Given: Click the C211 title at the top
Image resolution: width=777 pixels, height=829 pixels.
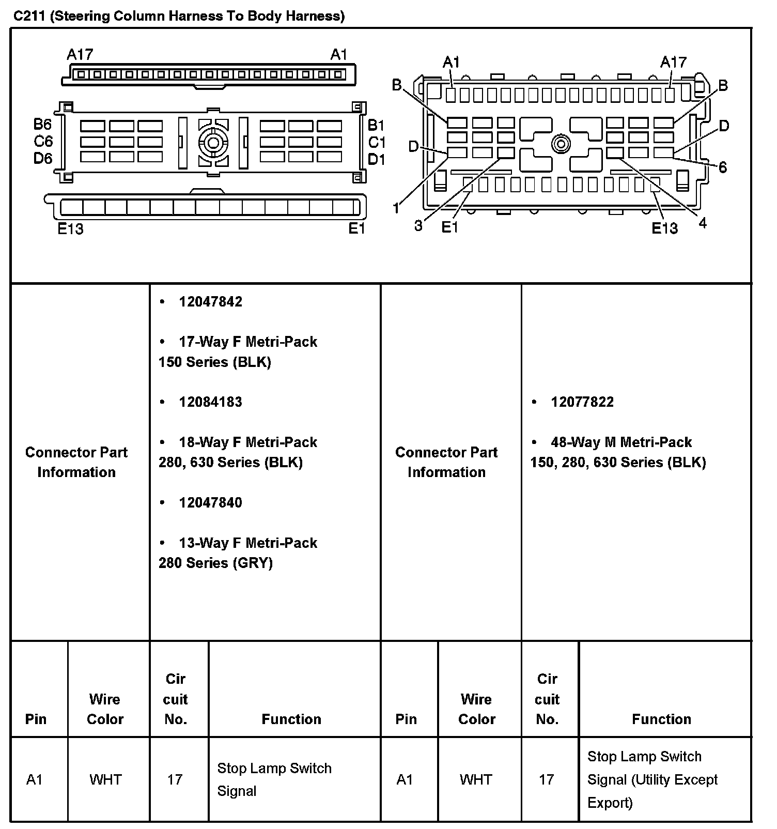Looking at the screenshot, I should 179,16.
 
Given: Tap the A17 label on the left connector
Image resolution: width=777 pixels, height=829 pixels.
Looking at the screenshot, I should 80,54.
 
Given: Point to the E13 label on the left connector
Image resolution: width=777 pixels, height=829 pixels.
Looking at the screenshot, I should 70,228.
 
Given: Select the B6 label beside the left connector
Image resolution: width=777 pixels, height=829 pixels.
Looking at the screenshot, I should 43,124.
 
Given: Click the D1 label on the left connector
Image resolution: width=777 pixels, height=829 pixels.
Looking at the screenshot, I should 377,160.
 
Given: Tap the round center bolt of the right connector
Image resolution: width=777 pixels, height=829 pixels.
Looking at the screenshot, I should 561,144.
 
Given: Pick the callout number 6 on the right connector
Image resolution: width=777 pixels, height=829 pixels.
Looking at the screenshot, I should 722,167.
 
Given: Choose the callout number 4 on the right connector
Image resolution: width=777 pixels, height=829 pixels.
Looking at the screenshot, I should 702,223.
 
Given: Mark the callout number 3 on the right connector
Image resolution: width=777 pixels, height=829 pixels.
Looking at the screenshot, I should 418,225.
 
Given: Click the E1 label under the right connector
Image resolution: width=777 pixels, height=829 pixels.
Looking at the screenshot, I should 450,227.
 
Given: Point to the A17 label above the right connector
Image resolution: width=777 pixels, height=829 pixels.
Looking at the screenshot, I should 673,63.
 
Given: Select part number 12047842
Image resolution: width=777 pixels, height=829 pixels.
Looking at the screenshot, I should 210,302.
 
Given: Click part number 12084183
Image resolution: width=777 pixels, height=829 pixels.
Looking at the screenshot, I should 210,402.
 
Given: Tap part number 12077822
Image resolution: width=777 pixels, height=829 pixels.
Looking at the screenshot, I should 582,402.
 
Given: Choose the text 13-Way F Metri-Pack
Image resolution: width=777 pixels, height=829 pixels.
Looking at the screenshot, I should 248,543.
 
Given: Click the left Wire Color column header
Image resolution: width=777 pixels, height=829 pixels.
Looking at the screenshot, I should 105,709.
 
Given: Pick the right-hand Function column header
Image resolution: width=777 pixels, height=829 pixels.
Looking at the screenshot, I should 661,719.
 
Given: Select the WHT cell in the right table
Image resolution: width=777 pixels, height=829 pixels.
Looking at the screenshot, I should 476,779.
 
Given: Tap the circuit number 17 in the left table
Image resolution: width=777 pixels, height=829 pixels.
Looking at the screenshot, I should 175,779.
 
